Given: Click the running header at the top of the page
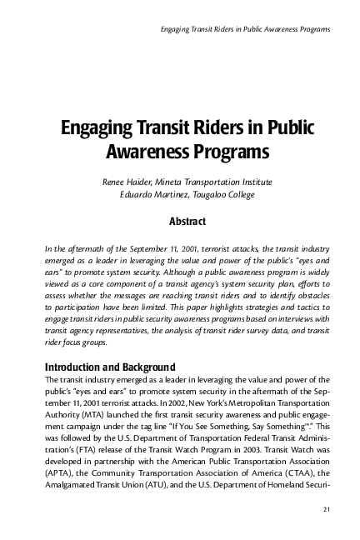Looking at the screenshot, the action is (x=243, y=29).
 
